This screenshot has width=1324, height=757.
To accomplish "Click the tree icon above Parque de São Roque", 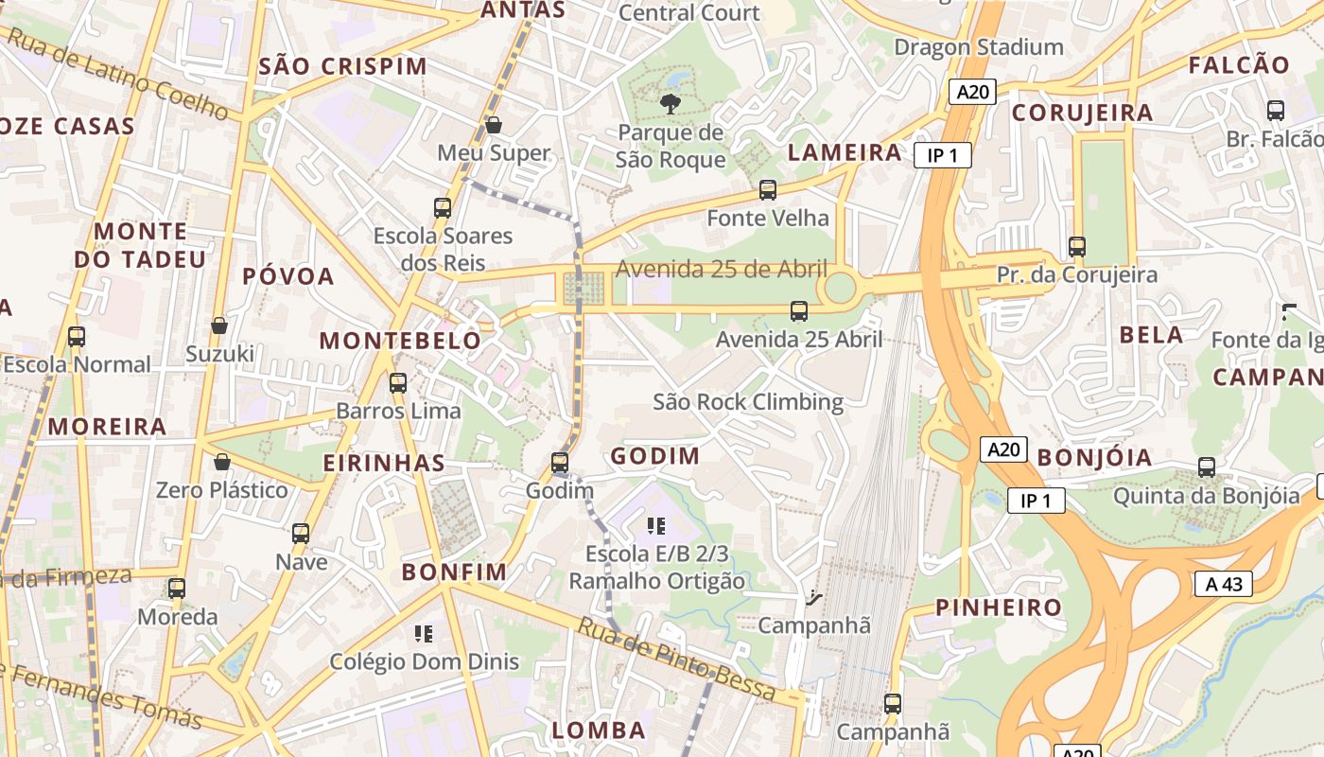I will [671, 103].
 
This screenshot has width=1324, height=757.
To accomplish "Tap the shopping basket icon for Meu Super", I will [493, 124].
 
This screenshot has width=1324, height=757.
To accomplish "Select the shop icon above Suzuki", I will [219, 326].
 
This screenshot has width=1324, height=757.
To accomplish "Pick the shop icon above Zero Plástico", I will [221, 462].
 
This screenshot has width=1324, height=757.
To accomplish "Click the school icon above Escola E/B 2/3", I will [656, 525].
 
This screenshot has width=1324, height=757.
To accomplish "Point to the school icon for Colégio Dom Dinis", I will [423, 633].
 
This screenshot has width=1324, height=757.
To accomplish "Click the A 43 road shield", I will [1224, 584].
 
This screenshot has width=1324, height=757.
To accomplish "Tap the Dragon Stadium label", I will [979, 46].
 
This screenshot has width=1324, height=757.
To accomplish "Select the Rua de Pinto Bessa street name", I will [676, 660].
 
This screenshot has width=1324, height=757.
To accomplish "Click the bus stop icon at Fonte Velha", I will [768, 190].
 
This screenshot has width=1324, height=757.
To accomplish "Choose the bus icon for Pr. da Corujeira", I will [1076, 247].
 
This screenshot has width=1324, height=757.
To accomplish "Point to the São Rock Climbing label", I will [748, 402].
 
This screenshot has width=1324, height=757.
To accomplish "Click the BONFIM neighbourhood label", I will [454, 572].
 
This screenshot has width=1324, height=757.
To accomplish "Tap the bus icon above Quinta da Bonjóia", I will [1206, 467].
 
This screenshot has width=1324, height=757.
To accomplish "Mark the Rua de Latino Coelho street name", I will [116, 75].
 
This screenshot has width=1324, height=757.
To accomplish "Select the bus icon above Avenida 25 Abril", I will [799, 310].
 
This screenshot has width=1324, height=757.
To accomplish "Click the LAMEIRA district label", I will [845, 152].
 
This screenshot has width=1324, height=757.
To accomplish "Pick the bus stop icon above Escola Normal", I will [77, 336].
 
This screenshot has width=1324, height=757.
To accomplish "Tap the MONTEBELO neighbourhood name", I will [400, 341].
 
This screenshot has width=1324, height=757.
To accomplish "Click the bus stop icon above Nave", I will [301, 533].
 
